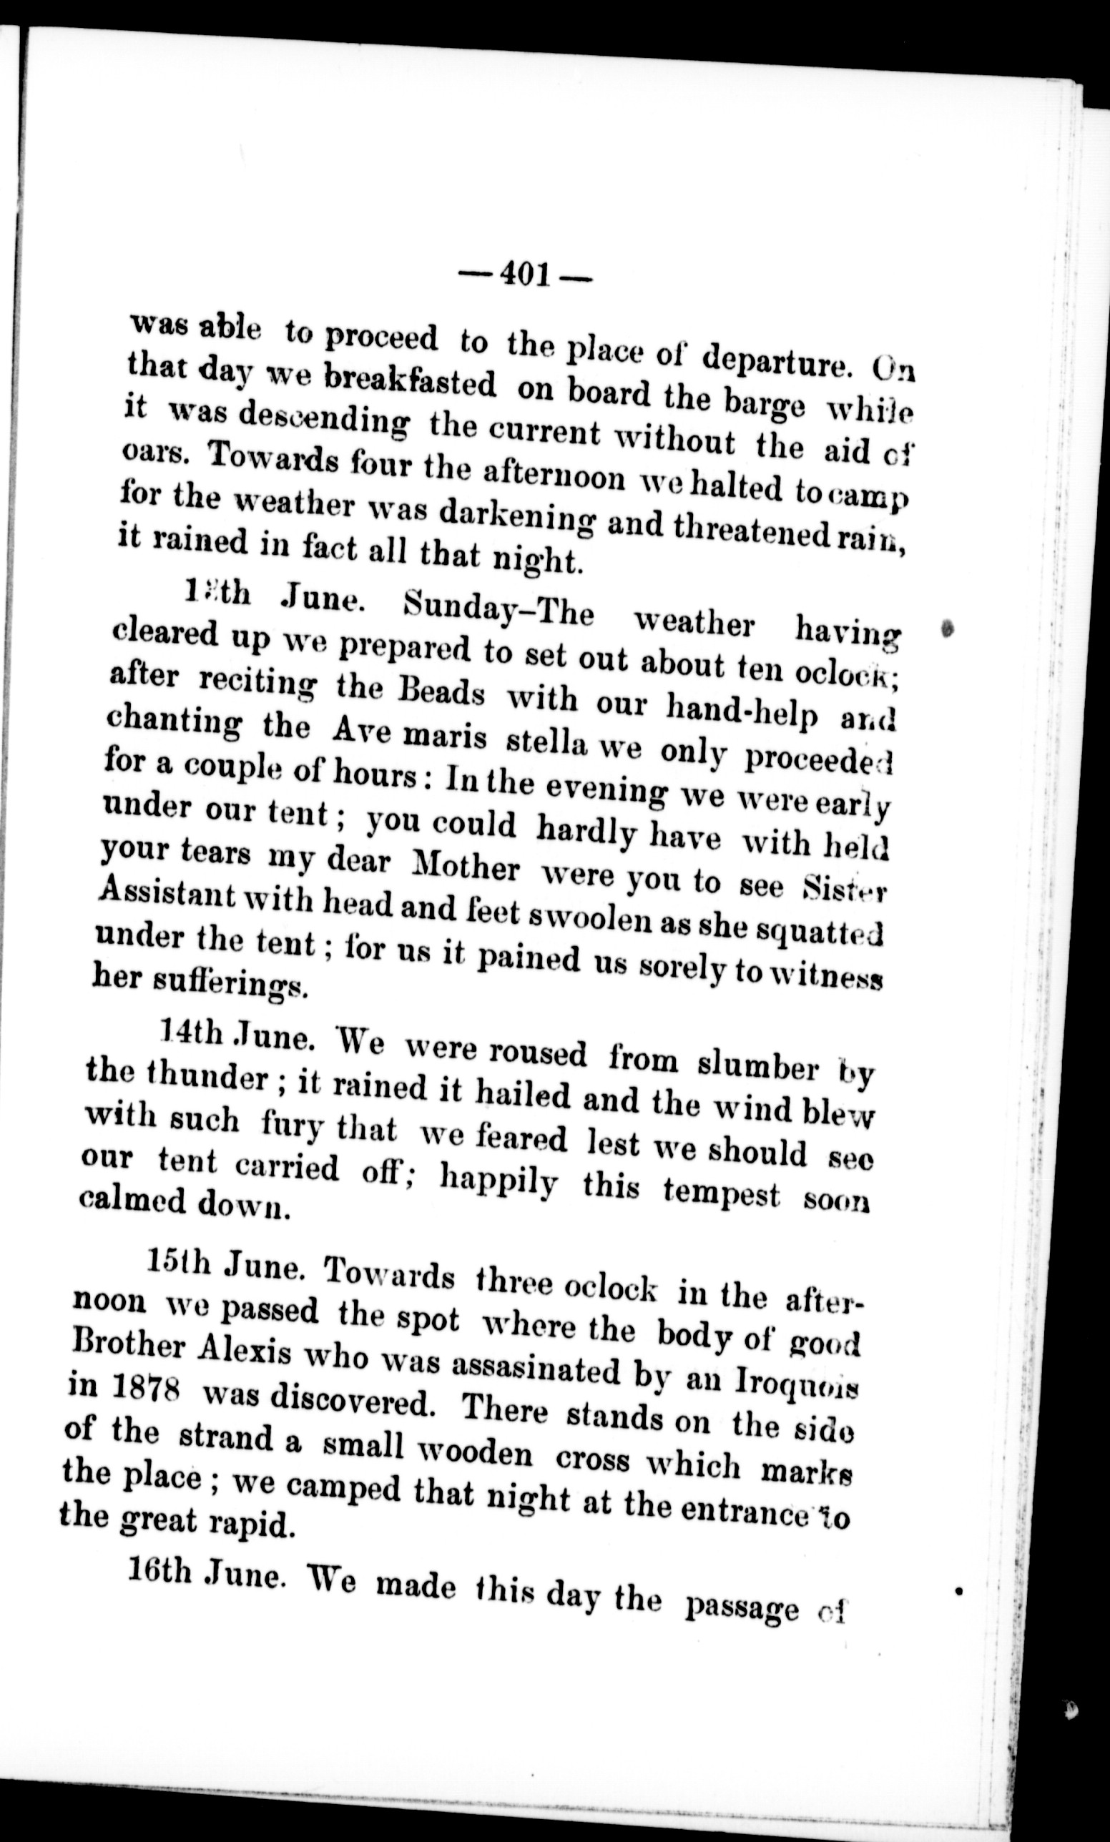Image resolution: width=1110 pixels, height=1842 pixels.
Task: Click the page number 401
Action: click(526, 275)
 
